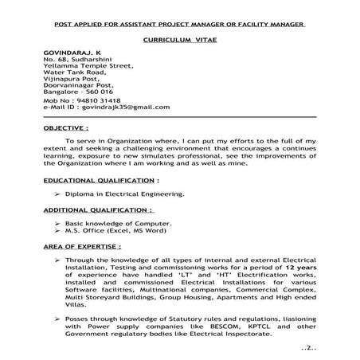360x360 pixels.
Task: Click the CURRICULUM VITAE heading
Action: [179, 38]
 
